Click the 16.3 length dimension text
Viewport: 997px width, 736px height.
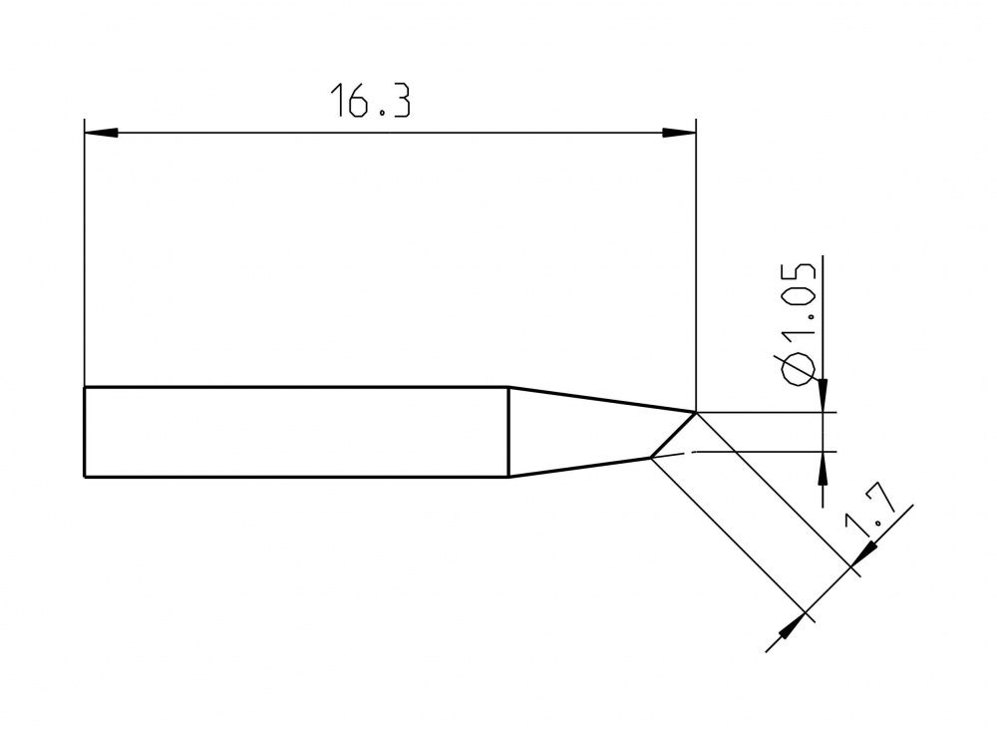[370, 100]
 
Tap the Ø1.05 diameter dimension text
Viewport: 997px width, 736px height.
[799, 325]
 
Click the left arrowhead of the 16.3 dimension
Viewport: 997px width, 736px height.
[101, 133]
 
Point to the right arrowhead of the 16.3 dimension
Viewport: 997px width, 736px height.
[679, 133]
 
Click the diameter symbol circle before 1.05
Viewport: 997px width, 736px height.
[799, 370]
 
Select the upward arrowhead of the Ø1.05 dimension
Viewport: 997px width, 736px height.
[823, 468]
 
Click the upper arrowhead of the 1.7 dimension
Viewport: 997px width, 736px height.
[863, 553]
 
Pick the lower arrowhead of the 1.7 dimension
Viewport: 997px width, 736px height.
[793, 625]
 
